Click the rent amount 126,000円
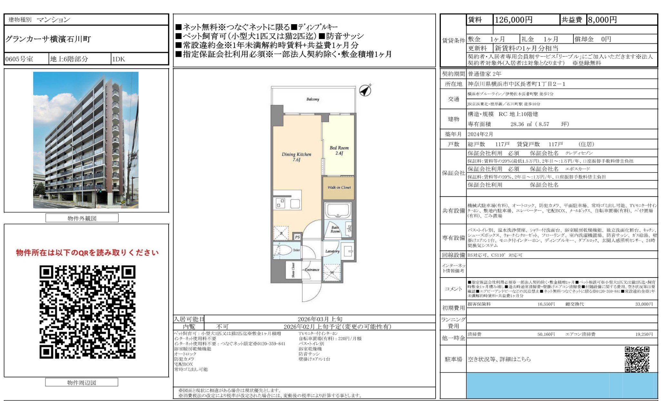pyautogui.click(x=513, y=20)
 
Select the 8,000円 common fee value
pyautogui.click(x=602, y=20)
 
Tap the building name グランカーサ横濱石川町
pyautogui.click(x=48, y=39)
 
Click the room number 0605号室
pyautogui.click(x=19, y=59)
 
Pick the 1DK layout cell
pyautogui.click(x=119, y=59)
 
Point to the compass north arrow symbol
pyautogui.click(x=365, y=90)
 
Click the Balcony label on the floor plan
pyautogui.click(x=312, y=99)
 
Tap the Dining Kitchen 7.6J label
pyautogui.click(x=296, y=157)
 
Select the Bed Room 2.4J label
pyautogui.click(x=339, y=150)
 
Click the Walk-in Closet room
pyautogui.click(x=339, y=187)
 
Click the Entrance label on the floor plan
pyautogui.click(x=312, y=270)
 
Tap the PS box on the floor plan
pyautogui.click(x=297, y=237)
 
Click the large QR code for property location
pyautogui.click(x=87, y=312)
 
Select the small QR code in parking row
pyautogui.click(x=637, y=359)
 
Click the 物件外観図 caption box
pyautogui.click(x=82, y=218)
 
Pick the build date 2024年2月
pyautogui.click(x=480, y=134)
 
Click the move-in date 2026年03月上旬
pyautogui.click(x=320, y=319)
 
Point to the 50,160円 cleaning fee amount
pyautogui.click(x=546, y=334)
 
